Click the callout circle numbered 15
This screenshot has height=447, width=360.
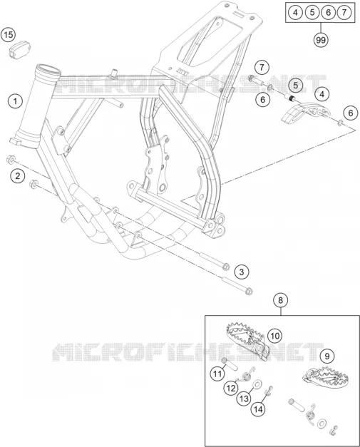pos(9,35)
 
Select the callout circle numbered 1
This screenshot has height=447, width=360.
pos(15,101)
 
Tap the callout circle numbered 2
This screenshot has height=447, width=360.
pos(18,176)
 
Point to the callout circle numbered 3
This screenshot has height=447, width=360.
pos(242,272)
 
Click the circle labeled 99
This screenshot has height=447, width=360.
pos(321,40)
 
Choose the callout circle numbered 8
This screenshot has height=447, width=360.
pos(281,300)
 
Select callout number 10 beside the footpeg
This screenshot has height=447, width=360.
pos(274,336)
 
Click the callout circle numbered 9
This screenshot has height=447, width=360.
pos(327,356)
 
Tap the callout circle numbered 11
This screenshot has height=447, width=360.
pos(217,374)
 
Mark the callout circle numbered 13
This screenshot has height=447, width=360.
pos(244,399)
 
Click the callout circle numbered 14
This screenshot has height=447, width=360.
pos(258,409)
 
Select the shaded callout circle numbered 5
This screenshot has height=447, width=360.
pos(296,85)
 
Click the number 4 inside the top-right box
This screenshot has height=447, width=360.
pos(296,12)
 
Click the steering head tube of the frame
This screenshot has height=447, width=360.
pos(37,106)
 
